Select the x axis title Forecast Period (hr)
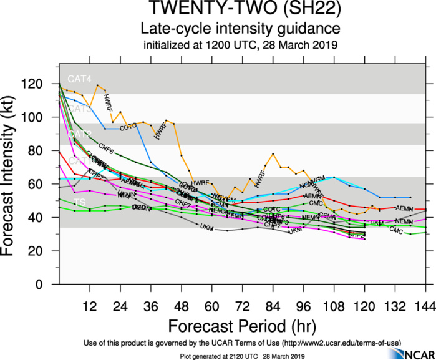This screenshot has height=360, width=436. [x=241, y=326]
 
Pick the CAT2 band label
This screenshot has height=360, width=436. [x=80, y=134]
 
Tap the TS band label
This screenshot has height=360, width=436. [x=80, y=203]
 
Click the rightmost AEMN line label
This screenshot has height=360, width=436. [x=404, y=208]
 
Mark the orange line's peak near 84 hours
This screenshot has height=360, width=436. [x=273, y=153]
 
